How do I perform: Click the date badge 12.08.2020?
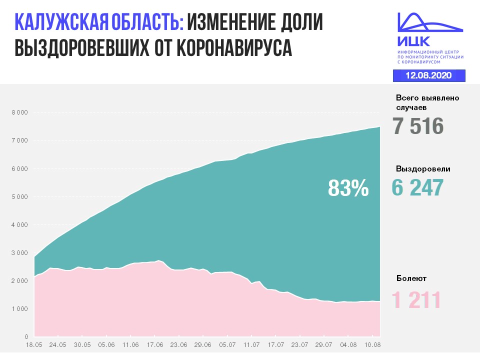tap(428, 75)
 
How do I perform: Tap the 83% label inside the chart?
tap(348, 188)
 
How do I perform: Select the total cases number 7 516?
tap(418, 126)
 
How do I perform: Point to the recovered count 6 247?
tap(418, 188)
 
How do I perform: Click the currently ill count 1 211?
tap(416, 300)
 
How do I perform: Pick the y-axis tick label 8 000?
tap(20, 112)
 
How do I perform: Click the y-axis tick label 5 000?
tap(20, 197)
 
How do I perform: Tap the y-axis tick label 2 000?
tap(20, 281)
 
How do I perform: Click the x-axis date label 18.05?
tap(34, 344)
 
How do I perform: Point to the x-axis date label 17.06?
tap(155, 344)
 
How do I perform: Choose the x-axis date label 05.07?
tap(227, 344)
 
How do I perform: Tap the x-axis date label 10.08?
tap(371, 344)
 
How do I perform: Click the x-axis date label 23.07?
tap(300, 344)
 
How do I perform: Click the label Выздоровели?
tap(423, 169)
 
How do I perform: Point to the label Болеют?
tap(412, 278)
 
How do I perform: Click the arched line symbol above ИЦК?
tap(429, 21)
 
